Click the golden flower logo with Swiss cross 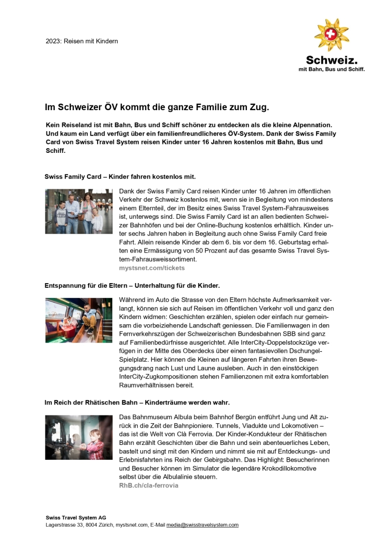click(x=331, y=35)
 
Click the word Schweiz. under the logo click(x=332, y=60)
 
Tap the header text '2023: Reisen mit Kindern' click(x=82, y=41)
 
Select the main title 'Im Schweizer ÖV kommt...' click(x=157, y=108)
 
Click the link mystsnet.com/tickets click(x=152, y=268)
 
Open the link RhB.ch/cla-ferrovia click(x=149, y=485)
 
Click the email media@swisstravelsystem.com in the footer click(x=203, y=525)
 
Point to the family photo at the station click(x=79, y=211)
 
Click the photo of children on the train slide click(x=79, y=320)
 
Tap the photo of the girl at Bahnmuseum click(x=79, y=438)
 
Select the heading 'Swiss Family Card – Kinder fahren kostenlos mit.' click(x=120, y=176)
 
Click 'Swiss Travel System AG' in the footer click(x=76, y=518)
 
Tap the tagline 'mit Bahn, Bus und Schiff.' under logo click(x=332, y=69)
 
